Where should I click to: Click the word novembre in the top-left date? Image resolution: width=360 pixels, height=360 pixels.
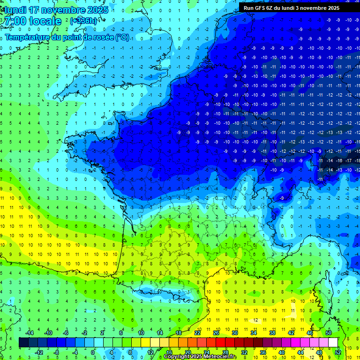click(60, 10)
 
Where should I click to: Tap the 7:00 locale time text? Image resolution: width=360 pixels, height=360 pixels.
click(33, 21)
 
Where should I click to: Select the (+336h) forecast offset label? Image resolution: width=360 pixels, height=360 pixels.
click(83, 21)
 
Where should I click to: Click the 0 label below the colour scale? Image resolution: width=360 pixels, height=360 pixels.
click(93, 352)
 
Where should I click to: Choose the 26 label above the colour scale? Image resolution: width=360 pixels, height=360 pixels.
click(216, 333)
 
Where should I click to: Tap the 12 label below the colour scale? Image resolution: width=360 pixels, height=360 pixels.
click(150, 352)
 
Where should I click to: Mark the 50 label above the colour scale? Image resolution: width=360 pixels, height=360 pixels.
click(329, 333)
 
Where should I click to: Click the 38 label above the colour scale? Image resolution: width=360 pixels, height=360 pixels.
click(272, 333)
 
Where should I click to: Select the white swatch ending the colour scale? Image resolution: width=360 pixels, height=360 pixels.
click(333, 342)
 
